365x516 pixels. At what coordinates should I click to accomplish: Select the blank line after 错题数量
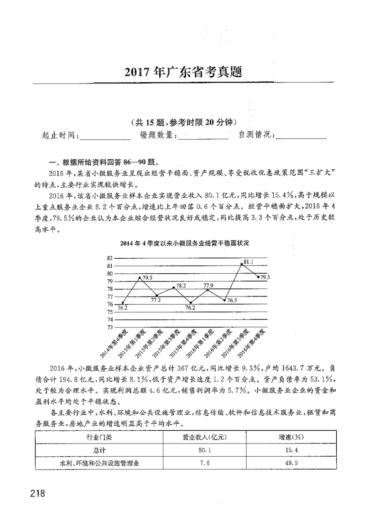(203, 136)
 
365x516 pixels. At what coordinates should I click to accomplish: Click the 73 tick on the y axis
(109, 327)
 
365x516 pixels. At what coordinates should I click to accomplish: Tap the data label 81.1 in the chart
(249, 262)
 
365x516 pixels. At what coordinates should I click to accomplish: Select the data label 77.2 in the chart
(156, 301)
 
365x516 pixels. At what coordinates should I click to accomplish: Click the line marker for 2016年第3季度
(242, 264)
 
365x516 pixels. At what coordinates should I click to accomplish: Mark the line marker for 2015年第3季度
(173, 287)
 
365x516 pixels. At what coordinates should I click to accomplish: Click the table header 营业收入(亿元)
(201, 437)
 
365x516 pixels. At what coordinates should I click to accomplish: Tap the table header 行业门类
(99, 437)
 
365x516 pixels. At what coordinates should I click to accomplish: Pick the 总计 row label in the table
(99, 450)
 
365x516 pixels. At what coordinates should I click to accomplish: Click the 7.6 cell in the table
(201, 463)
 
